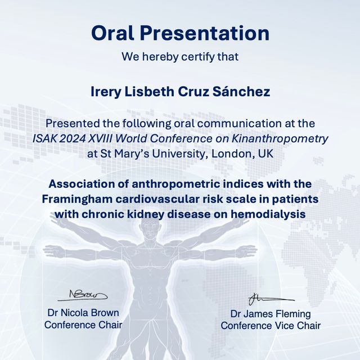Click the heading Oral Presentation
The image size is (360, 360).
click(179, 33)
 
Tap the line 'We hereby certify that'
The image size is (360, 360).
click(179, 56)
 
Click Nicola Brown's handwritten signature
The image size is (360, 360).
click(83, 294)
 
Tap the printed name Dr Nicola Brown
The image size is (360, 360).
click(82, 313)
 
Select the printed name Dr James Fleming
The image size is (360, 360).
click(270, 314)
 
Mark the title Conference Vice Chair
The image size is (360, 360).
click(270, 326)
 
